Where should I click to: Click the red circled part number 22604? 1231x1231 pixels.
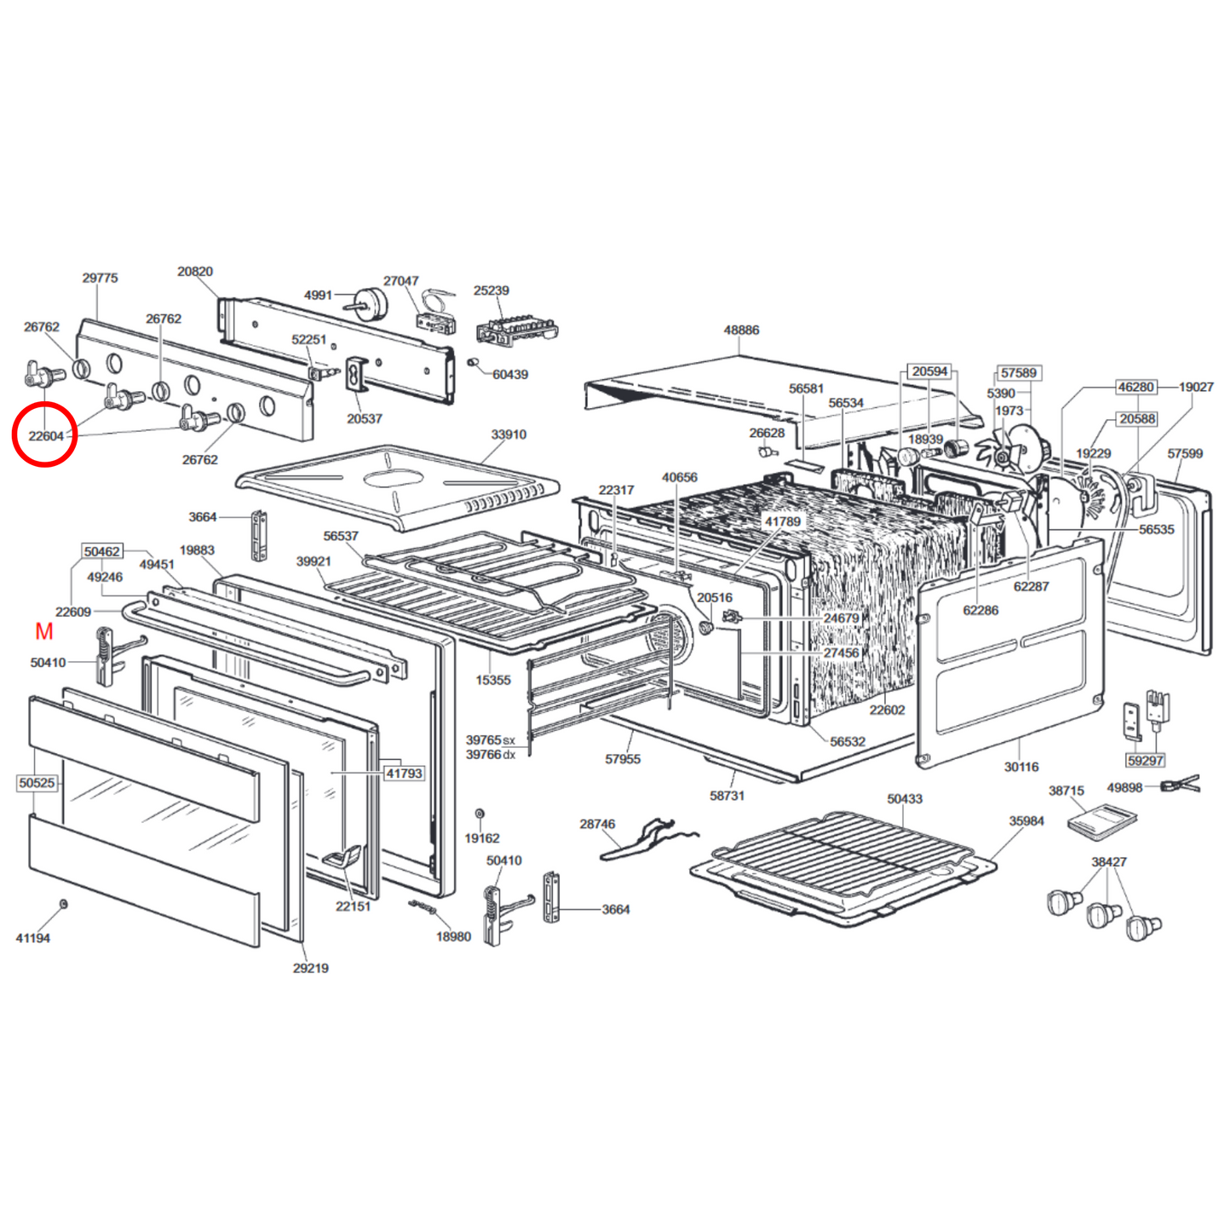tap(46, 436)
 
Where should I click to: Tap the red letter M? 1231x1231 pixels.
tap(44, 631)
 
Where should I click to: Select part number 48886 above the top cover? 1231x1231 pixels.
tap(741, 331)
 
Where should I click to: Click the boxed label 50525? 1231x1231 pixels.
tap(37, 783)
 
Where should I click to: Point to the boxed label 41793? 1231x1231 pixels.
tap(404, 774)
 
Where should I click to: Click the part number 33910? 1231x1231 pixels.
tap(509, 434)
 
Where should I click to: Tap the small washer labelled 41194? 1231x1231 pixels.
tap(64, 903)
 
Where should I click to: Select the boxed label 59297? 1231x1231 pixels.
tap(1145, 761)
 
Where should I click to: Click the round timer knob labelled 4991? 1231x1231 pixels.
tap(372, 301)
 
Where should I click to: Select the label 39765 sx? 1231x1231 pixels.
tap(491, 740)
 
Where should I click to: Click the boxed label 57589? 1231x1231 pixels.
tap(1018, 373)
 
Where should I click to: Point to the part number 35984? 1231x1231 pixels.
tap(1026, 821)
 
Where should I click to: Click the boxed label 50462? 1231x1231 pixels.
tap(102, 552)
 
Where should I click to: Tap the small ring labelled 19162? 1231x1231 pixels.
tap(480, 814)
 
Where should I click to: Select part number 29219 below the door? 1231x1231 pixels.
tap(310, 969)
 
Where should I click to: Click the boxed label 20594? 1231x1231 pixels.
tap(929, 371)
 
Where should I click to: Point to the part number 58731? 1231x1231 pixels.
tap(727, 796)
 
